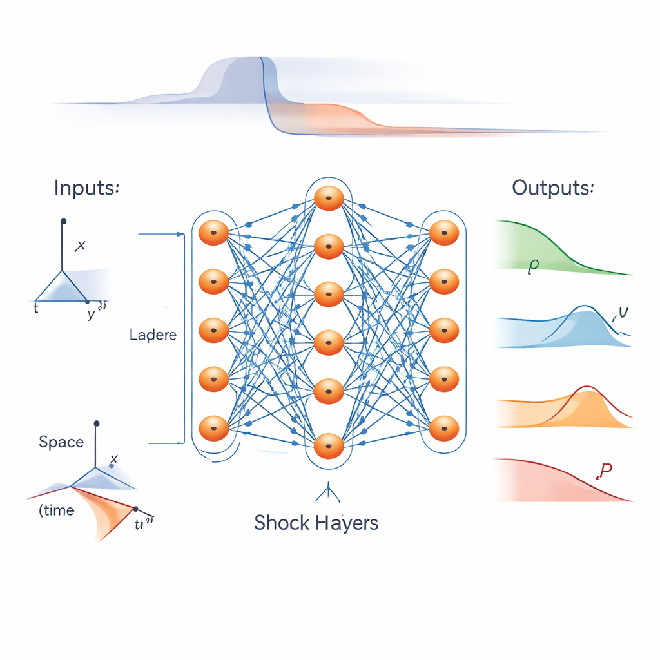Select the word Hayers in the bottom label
point(347,523)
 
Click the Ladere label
point(153,335)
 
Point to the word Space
point(61,442)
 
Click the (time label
point(57,510)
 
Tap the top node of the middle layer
point(329,197)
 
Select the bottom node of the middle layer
point(329,446)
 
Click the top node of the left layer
point(214,233)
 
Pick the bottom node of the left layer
point(214,428)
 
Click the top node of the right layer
point(443,233)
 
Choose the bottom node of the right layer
point(443,428)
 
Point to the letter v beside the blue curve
point(622,313)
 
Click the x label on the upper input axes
point(81,245)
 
